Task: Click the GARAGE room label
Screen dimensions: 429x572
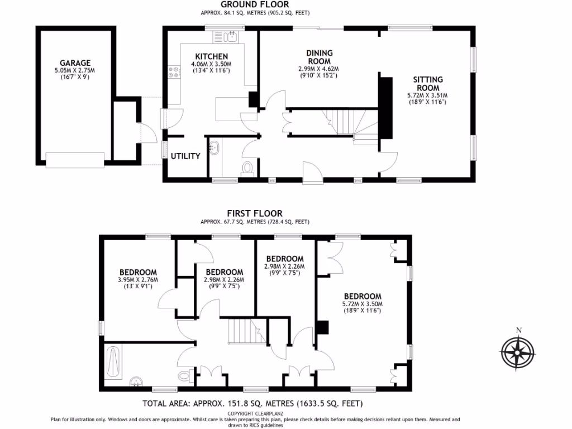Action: coord(75,63)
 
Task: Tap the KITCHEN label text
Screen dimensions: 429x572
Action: coord(211,56)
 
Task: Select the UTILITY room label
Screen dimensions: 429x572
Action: coord(185,156)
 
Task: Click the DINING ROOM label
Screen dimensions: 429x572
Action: coord(318,57)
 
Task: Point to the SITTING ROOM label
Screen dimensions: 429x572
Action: coord(427,84)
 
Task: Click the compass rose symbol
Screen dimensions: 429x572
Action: coord(518,353)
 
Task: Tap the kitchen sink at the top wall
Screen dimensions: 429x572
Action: coord(230,37)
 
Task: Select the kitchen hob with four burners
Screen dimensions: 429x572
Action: coord(174,71)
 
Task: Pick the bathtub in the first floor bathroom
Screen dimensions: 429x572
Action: coord(113,363)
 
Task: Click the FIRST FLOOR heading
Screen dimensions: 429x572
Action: coord(254,213)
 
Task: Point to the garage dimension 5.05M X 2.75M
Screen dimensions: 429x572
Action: coord(75,71)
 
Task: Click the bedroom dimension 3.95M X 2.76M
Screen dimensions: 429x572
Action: coord(138,280)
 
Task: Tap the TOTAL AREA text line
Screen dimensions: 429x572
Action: coord(253,403)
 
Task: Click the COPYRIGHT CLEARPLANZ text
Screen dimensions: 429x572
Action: coord(255,413)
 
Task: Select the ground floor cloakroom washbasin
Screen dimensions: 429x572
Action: coord(215,148)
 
